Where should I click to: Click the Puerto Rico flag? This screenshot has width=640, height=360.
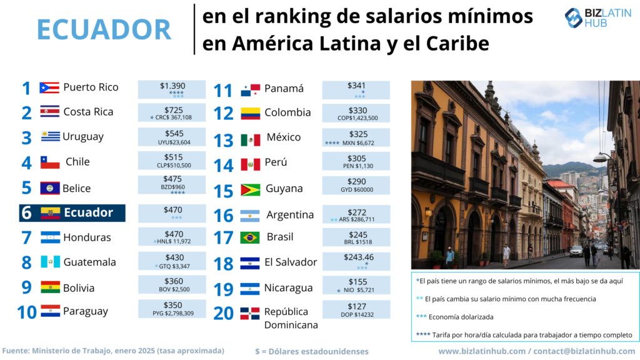tap(49, 87)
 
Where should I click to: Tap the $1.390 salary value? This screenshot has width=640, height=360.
tap(172, 86)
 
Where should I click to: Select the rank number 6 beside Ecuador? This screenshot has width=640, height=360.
tap(26, 213)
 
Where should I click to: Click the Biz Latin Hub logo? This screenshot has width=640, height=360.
tap(599, 18)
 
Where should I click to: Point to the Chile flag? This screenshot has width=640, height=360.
tap(50, 162)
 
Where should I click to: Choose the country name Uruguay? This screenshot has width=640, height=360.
tap(84, 137)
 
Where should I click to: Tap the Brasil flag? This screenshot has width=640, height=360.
tap(250, 238)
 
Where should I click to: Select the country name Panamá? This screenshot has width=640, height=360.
tap(284, 88)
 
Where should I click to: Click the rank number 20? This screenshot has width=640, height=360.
tap(224, 312)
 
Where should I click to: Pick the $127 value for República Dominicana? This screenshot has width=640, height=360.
tap(356, 306)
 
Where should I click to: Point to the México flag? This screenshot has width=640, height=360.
tap(250, 139)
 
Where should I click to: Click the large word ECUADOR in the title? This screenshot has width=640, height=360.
tap(104, 29)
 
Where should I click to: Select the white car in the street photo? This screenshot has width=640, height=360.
tap(576, 251)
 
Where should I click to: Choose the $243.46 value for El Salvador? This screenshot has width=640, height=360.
tap(356, 257)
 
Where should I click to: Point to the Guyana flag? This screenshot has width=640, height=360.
tap(250, 189)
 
